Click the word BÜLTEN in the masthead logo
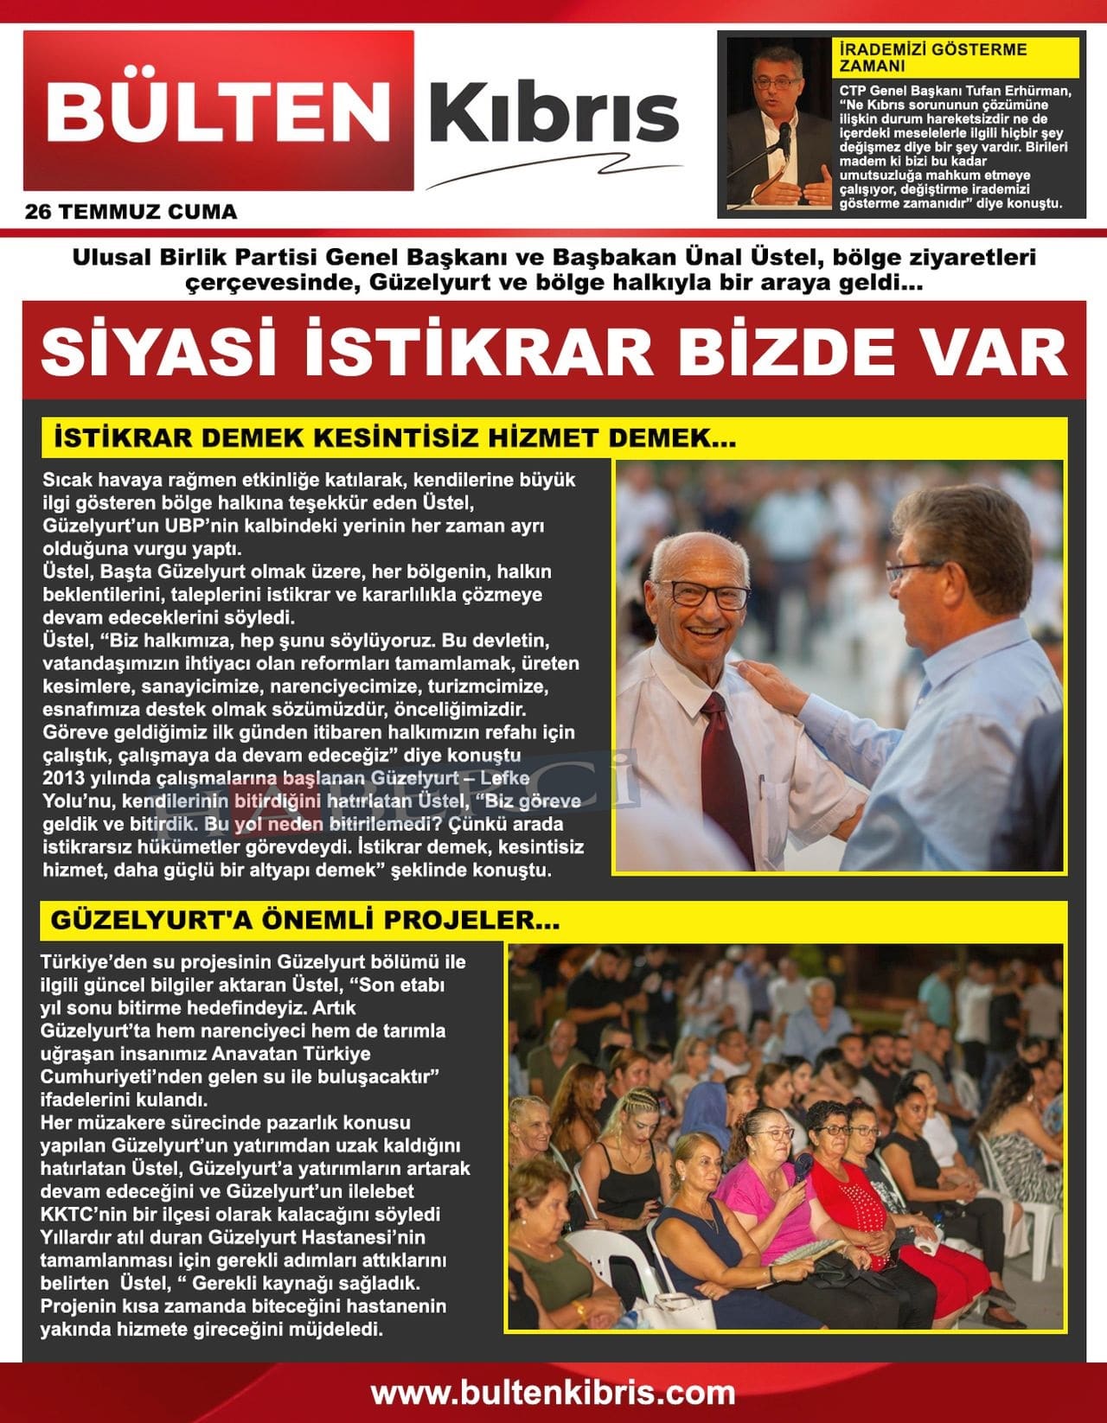tap(218, 111)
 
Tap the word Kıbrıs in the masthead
tap(553, 114)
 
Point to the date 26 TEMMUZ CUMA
tap(131, 212)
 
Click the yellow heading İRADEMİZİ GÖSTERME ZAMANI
tap(932, 57)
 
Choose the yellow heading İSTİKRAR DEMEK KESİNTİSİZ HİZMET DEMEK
tap(394, 437)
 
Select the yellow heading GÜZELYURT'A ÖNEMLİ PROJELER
tap(304, 920)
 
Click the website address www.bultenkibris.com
tap(553, 1393)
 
